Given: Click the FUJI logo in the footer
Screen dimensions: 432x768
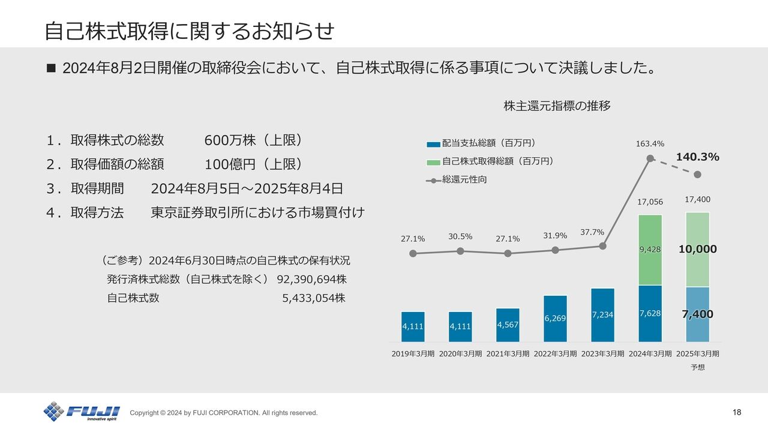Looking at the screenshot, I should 82,412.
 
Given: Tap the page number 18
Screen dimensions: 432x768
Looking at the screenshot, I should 737,412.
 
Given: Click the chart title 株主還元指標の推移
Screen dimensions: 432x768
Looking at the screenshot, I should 557,106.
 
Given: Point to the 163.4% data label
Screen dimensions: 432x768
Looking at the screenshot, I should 650,144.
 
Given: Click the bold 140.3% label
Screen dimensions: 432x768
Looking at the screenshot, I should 697,157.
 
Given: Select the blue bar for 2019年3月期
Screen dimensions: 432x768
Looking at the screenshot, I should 413,326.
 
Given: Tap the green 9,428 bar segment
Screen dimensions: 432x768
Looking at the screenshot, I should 650,250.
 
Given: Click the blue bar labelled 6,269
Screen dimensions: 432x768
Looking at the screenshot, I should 555,319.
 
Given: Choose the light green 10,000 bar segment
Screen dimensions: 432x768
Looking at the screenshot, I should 697,250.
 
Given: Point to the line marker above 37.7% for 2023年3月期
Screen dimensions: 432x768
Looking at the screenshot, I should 602,246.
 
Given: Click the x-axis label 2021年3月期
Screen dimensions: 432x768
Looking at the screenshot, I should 508,354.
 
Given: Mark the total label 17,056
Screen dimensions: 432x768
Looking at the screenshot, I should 650,202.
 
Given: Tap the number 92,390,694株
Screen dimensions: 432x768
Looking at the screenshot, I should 311,280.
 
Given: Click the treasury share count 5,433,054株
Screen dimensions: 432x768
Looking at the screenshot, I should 313,298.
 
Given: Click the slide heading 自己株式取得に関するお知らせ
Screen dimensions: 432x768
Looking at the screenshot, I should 189,31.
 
